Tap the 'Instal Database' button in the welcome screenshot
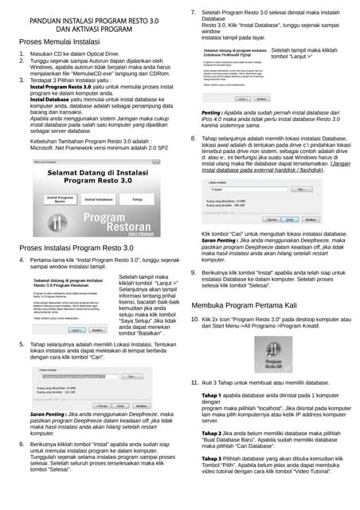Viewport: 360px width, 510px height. click(x=99, y=199)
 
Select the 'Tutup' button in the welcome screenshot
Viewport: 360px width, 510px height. click(x=137, y=199)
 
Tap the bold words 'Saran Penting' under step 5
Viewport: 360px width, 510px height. click(x=45, y=414)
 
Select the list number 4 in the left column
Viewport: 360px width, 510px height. click(x=22, y=261)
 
